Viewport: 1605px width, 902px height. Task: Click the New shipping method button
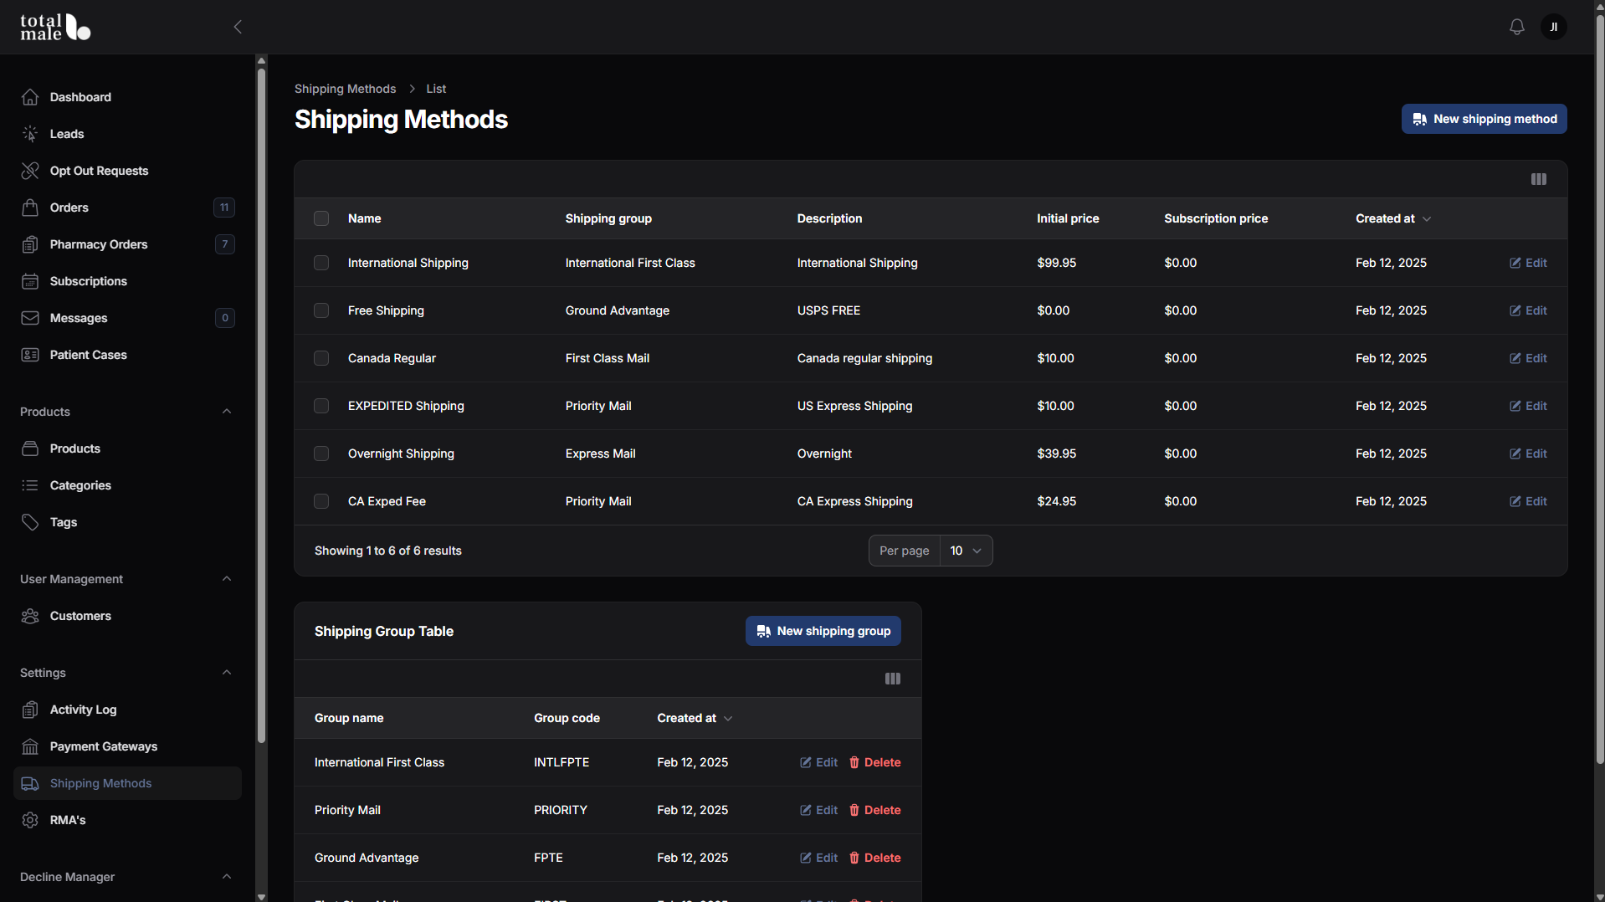click(x=1484, y=119)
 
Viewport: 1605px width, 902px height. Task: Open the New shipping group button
click(x=823, y=631)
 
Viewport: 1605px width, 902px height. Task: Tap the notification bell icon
click(x=1516, y=27)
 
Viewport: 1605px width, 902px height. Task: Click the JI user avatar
click(x=1553, y=27)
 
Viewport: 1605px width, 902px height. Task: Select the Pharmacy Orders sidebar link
click(x=99, y=244)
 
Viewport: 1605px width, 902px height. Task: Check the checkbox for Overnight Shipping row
click(x=321, y=454)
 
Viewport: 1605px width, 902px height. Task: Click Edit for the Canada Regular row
click(x=1528, y=358)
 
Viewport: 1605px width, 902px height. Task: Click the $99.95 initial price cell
click(x=1056, y=263)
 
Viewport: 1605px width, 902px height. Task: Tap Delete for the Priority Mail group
click(x=874, y=810)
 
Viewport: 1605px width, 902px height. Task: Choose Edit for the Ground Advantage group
click(x=818, y=858)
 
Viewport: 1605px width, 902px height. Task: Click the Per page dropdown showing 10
click(x=966, y=551)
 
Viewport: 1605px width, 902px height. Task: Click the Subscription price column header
click(x=1216, y=218)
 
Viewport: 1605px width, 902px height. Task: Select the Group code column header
click(x=567, y=718)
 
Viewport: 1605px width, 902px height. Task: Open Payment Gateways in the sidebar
click(x=104, y=746)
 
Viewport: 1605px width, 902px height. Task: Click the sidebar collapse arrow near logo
click(x=238, y=27)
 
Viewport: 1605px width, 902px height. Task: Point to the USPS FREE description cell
click(x=828, y=310)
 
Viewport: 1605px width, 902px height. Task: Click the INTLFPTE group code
click(x=561, y=762)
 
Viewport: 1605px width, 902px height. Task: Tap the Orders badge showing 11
click(x=224, y=208)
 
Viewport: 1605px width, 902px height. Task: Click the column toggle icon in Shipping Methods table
click(x=1538, y=179)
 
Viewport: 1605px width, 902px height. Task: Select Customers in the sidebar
click(x=80, y=616)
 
